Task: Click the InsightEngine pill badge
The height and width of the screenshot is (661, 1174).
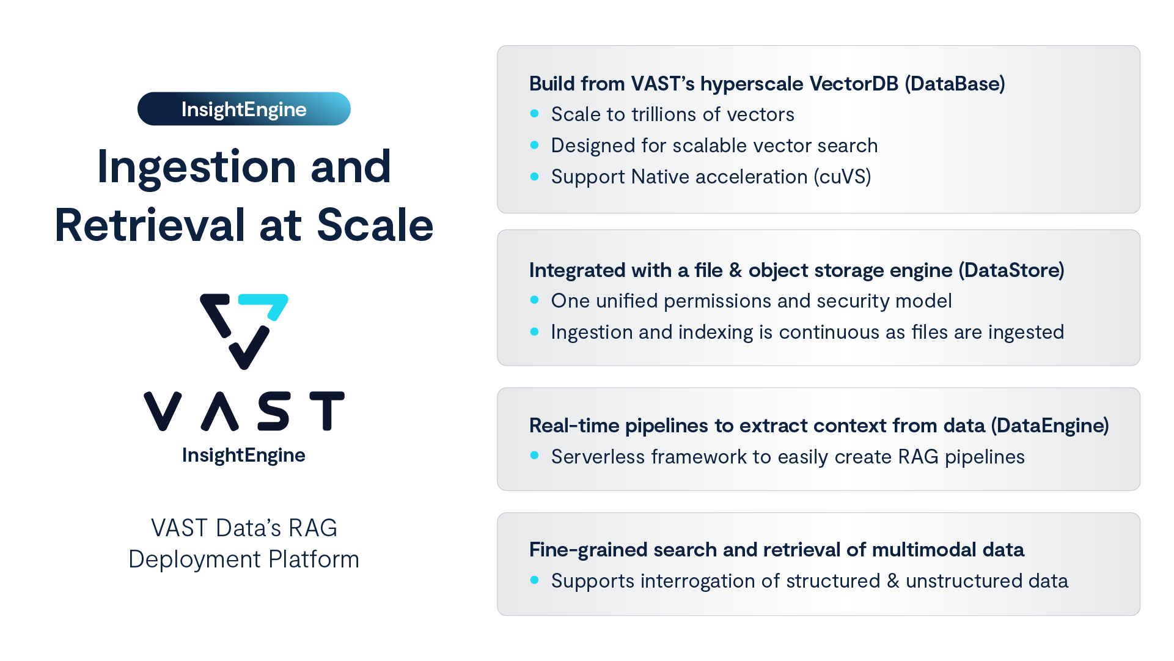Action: (244, 109)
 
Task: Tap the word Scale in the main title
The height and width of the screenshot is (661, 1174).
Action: (375, 225)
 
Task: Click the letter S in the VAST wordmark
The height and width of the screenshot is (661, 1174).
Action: (273, 412)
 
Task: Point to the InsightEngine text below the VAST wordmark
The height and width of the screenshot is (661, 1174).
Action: (244, 455)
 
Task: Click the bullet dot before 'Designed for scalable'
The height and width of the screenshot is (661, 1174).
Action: (535, 145)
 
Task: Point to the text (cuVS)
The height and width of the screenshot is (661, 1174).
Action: (842, 177)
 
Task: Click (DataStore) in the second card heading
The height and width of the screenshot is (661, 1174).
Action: (1011, 270)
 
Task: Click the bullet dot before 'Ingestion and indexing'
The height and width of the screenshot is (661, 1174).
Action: (535, 331)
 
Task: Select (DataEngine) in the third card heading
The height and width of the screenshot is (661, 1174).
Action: (1049, 426)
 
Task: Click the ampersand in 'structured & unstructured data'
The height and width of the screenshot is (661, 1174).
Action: (893, 581)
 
